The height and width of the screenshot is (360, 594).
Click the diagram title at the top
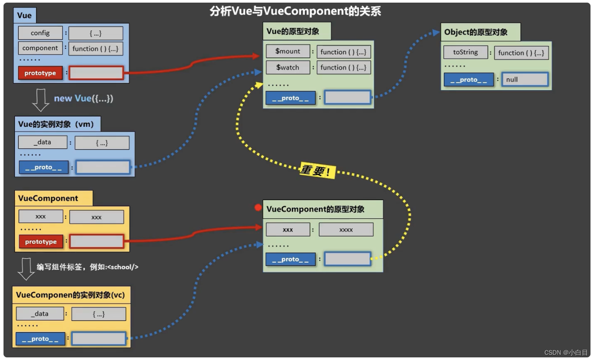296,11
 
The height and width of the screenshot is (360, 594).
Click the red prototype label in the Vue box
40,73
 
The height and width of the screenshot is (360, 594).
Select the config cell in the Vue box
40,33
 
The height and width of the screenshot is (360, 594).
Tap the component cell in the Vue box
40,48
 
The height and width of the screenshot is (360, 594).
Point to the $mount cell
288,51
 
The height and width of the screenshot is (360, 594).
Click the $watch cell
288,67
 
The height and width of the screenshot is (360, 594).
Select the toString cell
465,52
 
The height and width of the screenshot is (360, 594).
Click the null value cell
525,80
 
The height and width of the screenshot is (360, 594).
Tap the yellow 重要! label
317,170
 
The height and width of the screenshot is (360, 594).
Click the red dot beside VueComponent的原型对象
258,208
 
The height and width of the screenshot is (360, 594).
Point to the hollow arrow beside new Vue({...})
41,100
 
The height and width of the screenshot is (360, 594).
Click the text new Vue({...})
84,99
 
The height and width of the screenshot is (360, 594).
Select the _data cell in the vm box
42,142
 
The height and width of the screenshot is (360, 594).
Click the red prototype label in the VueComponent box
41,242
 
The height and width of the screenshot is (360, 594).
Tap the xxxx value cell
346,229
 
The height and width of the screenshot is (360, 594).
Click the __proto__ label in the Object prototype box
469,80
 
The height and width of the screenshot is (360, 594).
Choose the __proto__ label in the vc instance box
40,339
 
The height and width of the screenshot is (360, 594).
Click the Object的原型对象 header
476,32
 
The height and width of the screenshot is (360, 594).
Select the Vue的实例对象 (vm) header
56,124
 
